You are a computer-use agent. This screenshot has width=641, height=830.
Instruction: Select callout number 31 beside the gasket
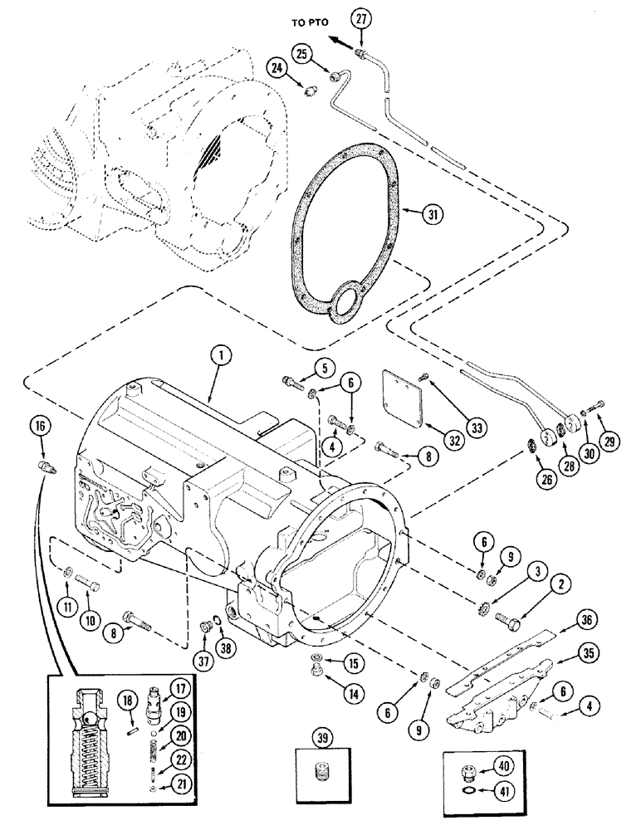pos(431,215)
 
